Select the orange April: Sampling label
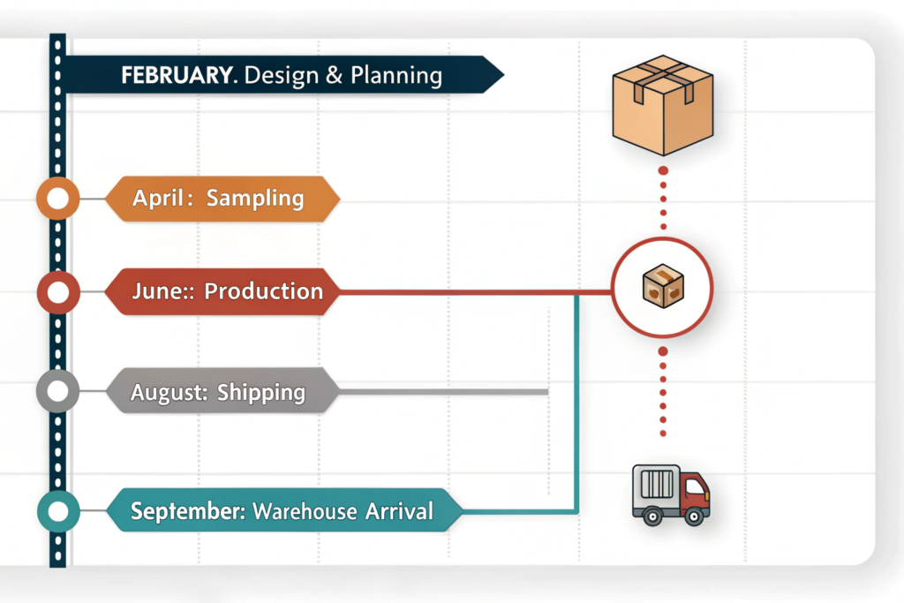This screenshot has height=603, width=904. click(221, 199)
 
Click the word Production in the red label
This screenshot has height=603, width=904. click(263, 291)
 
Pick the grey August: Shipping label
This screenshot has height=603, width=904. click(221, 391)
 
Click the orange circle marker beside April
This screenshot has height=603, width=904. click(58, 200)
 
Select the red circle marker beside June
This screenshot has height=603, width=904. click(58, 291)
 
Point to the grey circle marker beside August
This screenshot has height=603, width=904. click(58, 391)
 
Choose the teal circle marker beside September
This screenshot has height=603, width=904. click(58, 511)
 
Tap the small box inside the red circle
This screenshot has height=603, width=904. click(663, 289)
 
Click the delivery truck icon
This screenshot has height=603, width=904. click(670, 495)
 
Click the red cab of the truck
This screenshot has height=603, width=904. click(695, 490)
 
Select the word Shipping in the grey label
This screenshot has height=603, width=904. click(261, 391)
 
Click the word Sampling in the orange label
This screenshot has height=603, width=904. click(254, 199)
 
